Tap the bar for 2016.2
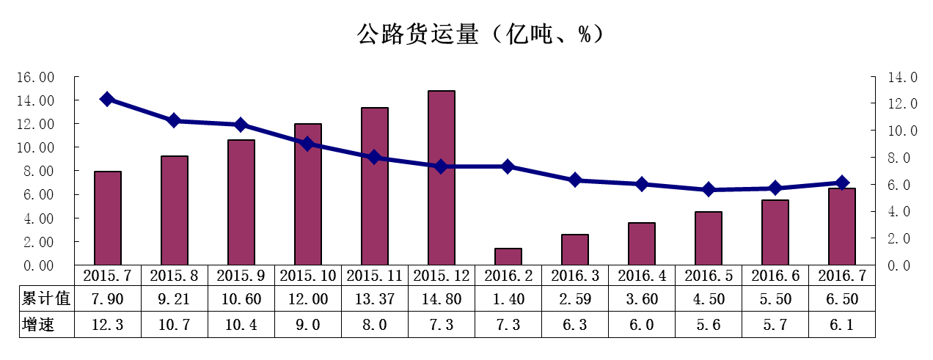click(508, 257)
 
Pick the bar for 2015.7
click(108, 218)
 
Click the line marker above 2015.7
click(107, 99)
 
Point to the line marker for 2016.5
click(709, 189)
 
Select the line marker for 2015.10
click(308, 144)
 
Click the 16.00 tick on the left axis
click(37, 77)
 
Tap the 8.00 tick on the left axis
click(37, 171)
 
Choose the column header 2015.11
click(375, 276)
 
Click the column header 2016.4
click(642, 276)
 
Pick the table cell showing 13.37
click(375, 299)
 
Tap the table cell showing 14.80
click(442, 299)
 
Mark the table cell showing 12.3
click(108, 324)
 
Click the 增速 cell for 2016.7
click(842, 324)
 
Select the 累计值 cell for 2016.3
click(575, 299)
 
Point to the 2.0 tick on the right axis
click(899, 238)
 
